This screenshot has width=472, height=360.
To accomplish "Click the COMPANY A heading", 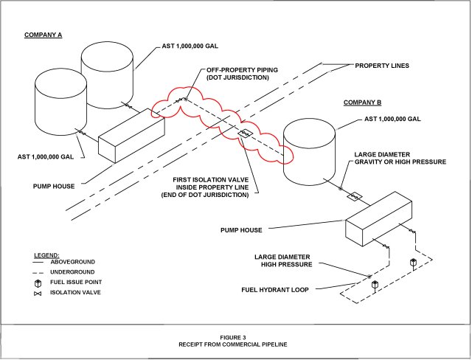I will pos(44,35).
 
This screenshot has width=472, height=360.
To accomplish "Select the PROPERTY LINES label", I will pos(382,66).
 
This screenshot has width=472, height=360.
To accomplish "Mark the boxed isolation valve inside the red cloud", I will pos(245,132).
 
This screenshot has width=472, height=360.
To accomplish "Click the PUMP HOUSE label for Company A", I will pos(54,186).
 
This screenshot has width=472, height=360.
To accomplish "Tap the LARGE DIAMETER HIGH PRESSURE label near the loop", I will pos(284,260).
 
